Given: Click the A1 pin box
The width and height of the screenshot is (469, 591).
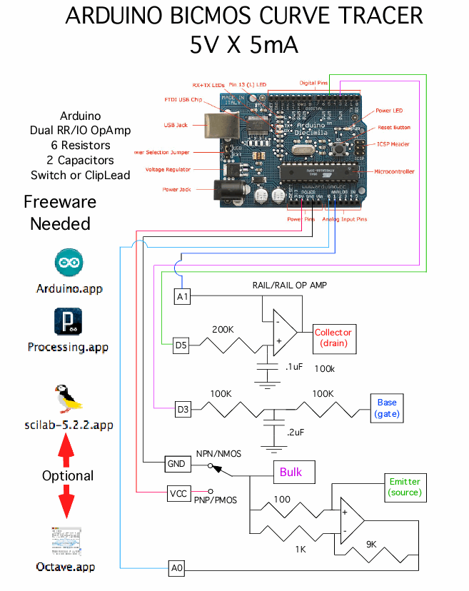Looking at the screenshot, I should (183, 295).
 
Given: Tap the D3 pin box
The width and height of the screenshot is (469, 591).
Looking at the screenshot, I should (183, 410).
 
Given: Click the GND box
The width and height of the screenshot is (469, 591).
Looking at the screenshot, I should (177, 464).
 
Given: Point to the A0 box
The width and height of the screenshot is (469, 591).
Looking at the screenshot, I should (177, 568).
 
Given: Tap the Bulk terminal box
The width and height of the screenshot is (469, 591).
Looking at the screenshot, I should (291, 472).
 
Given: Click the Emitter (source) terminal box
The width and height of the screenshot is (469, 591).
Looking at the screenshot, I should (405, 487).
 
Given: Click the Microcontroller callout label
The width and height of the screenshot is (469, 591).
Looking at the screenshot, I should (393, 171).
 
